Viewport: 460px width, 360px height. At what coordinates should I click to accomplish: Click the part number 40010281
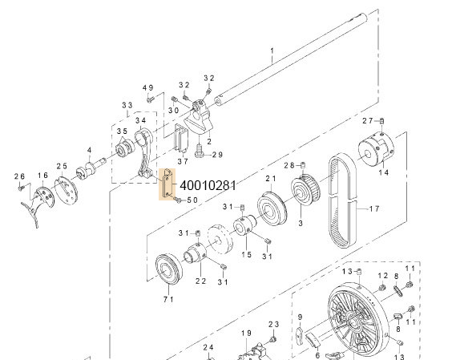[208, 185]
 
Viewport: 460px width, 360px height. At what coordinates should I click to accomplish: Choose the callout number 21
[270, 179]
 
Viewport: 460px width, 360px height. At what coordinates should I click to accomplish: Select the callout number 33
[127, 105]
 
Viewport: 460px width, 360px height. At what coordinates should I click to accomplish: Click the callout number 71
[168, 298]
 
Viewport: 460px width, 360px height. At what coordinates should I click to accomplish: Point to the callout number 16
[42, 175]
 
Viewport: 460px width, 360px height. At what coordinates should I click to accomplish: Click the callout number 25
[62, 165]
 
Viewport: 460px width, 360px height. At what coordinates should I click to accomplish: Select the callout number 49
[147, 87]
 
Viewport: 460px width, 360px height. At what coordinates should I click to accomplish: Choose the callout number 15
[246, 253]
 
